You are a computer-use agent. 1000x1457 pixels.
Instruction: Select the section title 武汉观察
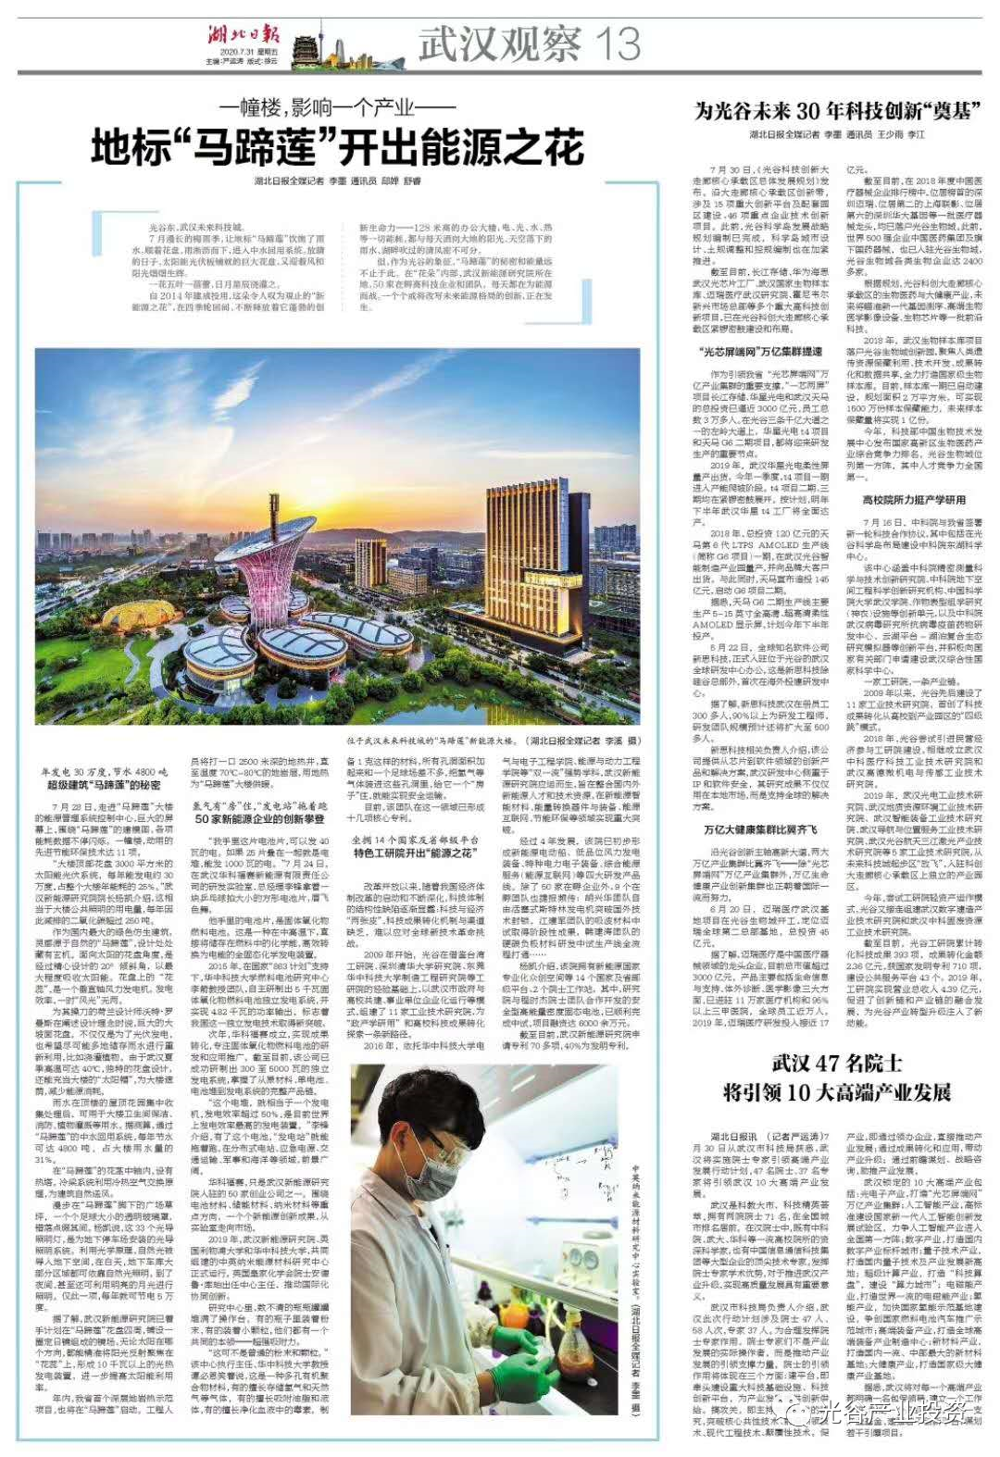click(500, 44)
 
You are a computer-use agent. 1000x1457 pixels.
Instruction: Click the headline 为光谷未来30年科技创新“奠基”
click(838, 111)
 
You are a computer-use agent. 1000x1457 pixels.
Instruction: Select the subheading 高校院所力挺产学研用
click(914, 499)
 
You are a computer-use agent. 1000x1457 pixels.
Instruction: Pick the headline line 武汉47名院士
click(838, 1063)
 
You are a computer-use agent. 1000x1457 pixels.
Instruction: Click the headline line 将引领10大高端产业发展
click(838, 1092)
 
